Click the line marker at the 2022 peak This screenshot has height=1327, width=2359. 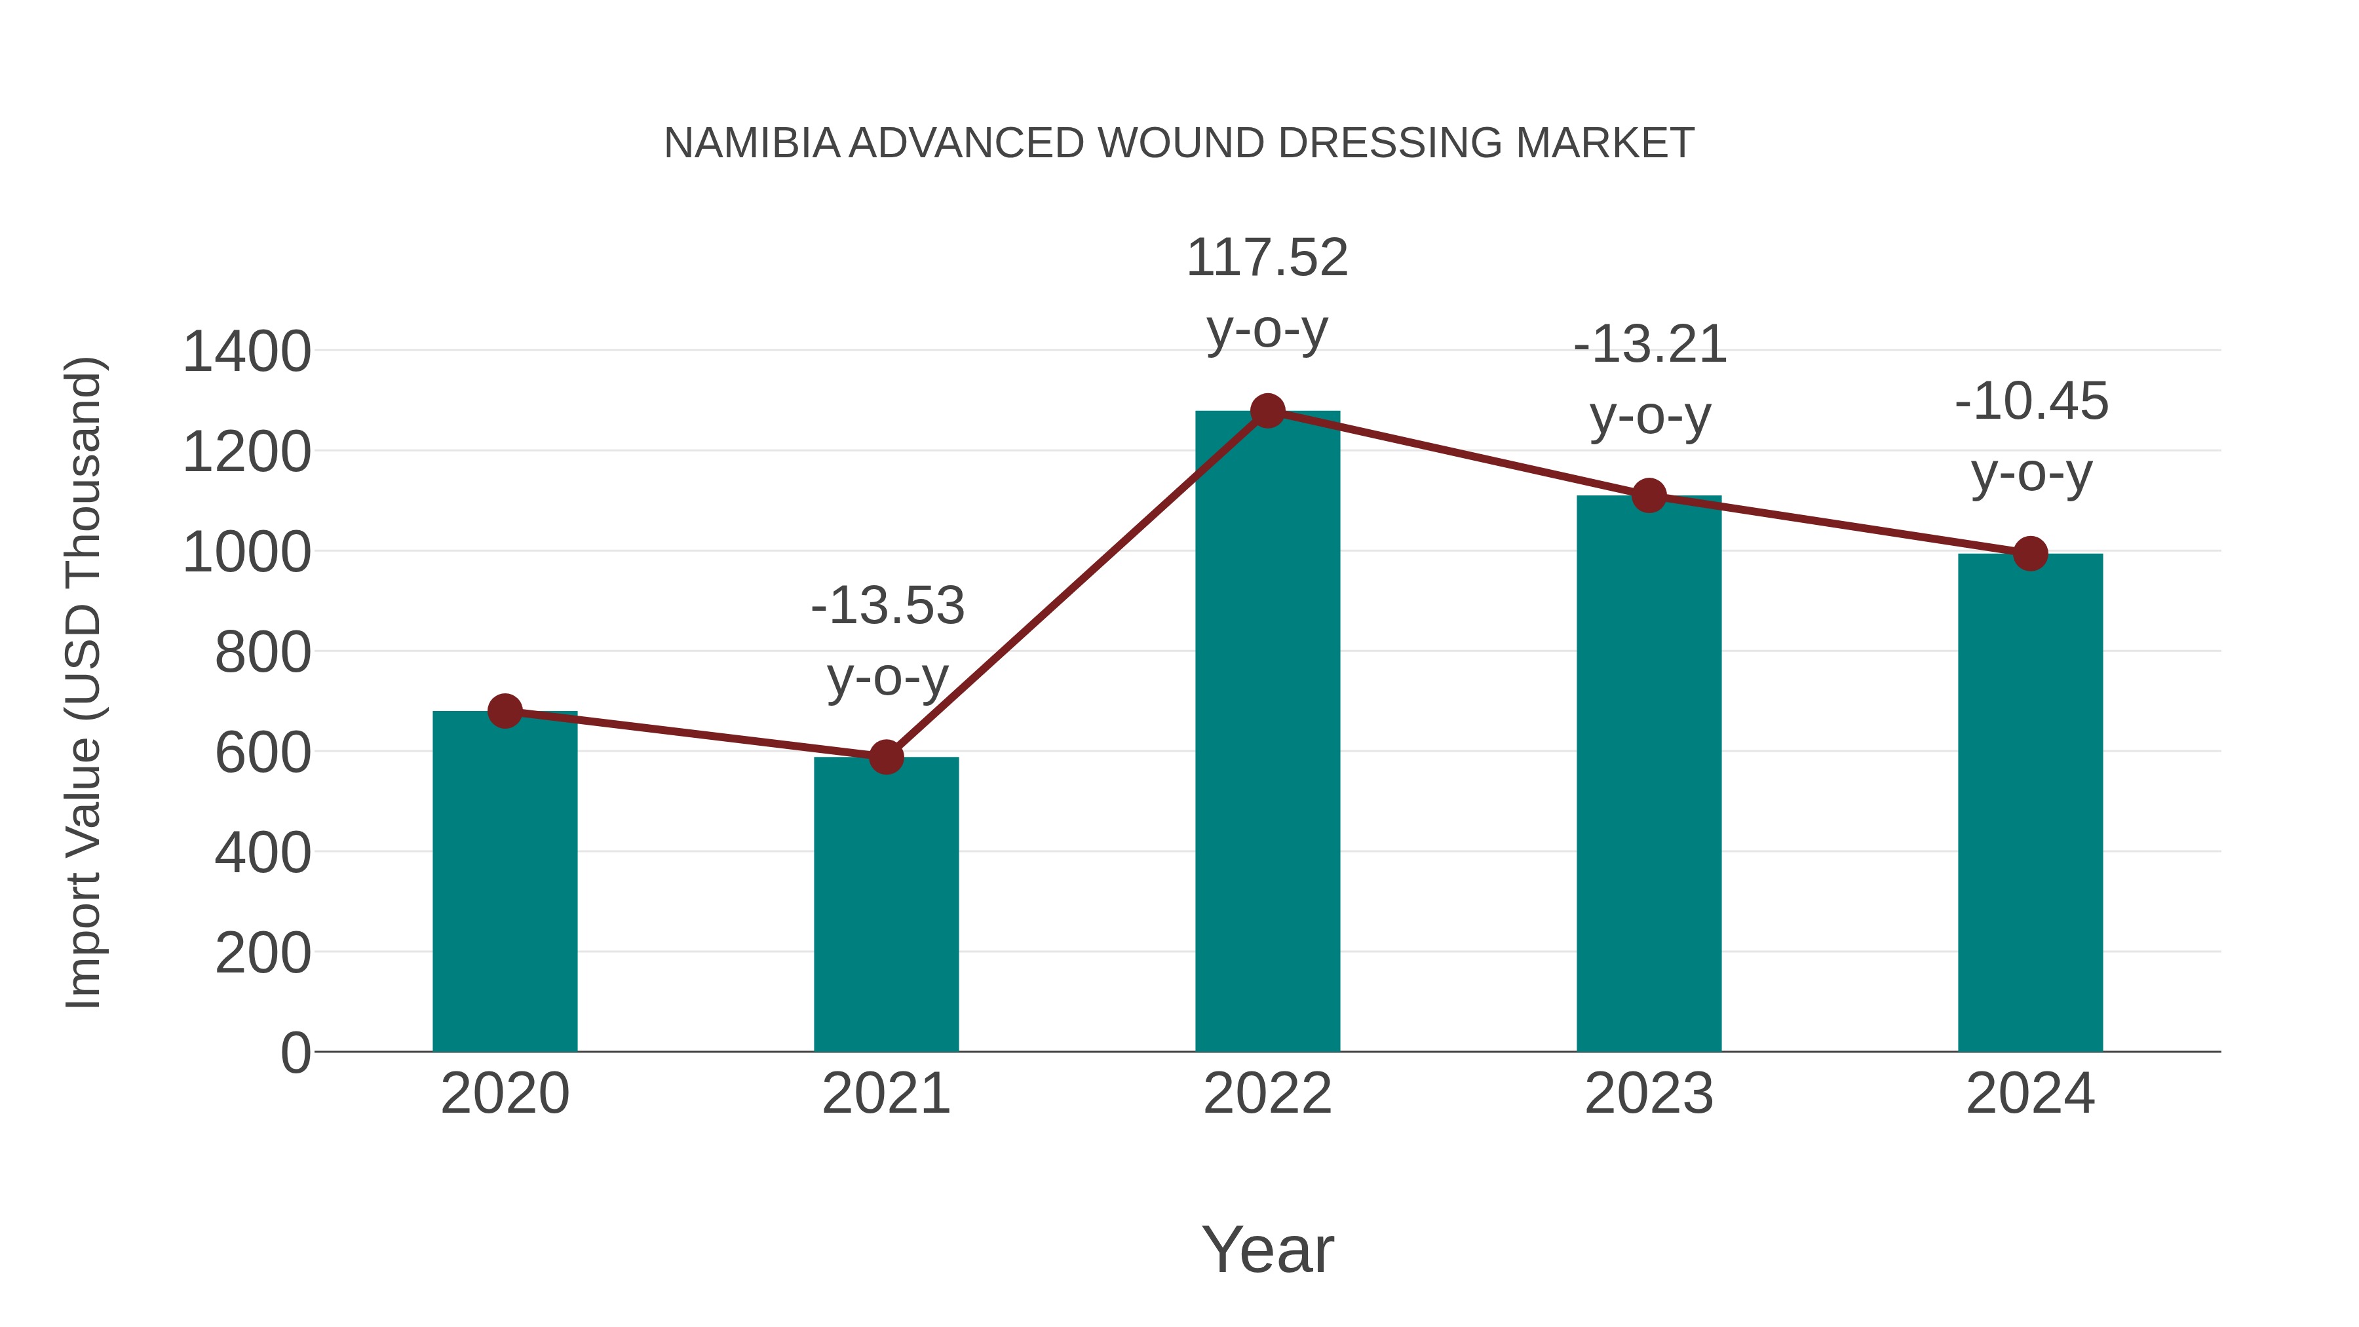[1267, 411]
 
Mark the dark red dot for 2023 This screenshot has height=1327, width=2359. [1649, 495]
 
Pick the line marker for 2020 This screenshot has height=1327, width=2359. [505, 710]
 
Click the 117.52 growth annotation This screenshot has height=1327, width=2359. [1267, 258]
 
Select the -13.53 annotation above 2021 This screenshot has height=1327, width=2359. [887, 606]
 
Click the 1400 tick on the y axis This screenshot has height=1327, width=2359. [246, 352]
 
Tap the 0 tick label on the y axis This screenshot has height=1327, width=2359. [295, 1052]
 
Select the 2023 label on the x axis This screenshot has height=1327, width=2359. [1649, 1094]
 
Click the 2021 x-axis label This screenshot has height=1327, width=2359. [885, 1094]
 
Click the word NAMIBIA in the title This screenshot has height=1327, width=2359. [752, 144]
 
